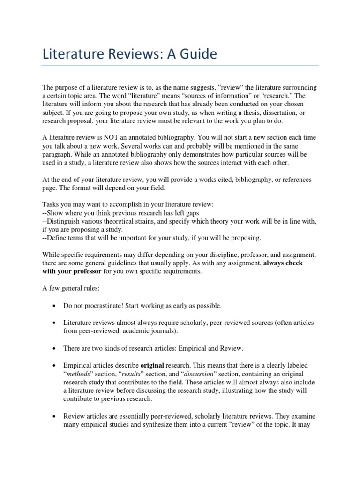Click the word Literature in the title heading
[x=71, y=54]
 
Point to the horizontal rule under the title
[x=180, y=66]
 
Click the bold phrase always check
[x=283, y=263]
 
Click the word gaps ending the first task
[x=182, y=212]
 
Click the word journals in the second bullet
[x=158, y=331]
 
